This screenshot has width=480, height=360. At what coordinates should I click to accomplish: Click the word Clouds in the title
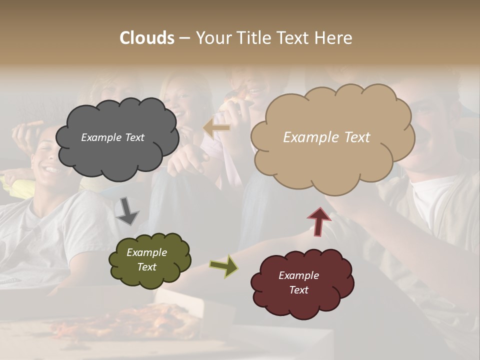[x=147, y=38]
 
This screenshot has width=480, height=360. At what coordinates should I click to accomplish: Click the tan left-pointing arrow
[x=217, y=128]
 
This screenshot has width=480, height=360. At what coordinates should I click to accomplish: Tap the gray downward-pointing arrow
[x=127, y=210]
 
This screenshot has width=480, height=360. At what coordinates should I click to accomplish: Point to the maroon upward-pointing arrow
[x=319, y=221]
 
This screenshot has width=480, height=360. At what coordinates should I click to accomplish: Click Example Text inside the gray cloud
[x=112, y=137]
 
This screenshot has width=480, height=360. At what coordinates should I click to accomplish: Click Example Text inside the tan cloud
[x=326, y=137]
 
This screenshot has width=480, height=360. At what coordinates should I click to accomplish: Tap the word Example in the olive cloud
[x=146, y=252]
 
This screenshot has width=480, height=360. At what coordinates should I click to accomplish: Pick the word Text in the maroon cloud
[x=298, y=290]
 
